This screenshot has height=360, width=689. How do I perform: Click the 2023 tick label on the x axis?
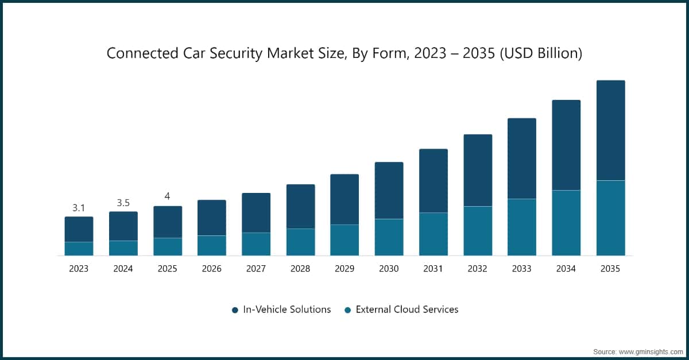tap(79, 269)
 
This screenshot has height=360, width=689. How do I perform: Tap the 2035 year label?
tap(610, 269)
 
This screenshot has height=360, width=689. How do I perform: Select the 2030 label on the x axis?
tap(389, 269)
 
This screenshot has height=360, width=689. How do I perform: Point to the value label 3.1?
tap(79, 208)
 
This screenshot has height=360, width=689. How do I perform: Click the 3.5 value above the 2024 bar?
tap(123, 203)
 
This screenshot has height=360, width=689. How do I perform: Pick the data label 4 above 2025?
tap(167, 196)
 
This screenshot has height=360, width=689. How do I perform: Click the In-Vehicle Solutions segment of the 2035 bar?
tap(610, 130)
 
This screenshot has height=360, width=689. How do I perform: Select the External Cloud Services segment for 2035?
tap(610, 218)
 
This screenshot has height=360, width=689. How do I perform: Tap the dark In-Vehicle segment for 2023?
tap(79, 229)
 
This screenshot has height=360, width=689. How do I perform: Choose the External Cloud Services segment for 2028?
tap(300, 242)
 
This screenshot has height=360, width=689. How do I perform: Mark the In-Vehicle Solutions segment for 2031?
tap(433, 181)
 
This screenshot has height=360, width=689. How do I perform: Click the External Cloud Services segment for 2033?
tap(521, 227)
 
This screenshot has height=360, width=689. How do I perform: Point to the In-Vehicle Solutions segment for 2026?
tap(212, 218)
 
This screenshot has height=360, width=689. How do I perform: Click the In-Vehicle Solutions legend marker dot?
tap(235, 310)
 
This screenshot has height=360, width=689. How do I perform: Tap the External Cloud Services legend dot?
tap(347, 310)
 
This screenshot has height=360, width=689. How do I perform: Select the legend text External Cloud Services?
tap(407, 309)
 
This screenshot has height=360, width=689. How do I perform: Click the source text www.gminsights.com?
tap(648, 350)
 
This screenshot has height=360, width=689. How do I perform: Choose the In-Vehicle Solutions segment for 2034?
tap(566, 145)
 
